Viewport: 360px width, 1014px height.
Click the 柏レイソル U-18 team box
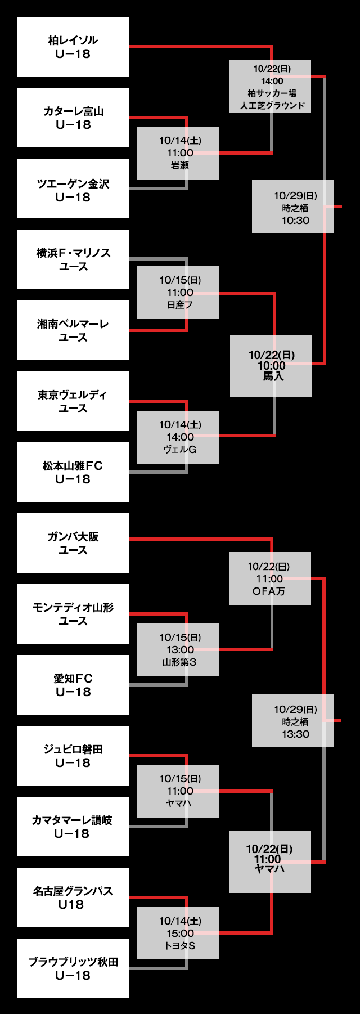point(73,47)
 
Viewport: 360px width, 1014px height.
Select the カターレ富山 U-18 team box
point(73,118)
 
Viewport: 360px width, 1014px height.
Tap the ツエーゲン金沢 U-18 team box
point(73,189)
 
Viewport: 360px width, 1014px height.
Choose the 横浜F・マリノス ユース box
point(73,259)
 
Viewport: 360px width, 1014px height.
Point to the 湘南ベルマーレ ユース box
point(73,330)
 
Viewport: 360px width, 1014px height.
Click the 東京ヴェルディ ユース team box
point(73,401)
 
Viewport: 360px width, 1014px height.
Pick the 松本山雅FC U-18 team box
point(73,472)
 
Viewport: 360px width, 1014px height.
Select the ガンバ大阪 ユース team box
point(73,543)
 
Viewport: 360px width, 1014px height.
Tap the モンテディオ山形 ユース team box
point(73,614)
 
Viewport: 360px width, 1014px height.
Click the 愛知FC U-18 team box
point(73,685)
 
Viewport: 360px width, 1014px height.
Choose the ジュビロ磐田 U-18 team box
point(73,756)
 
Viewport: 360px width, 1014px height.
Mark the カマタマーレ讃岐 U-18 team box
point(73,827)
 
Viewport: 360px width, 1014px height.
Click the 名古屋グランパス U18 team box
point(73,898)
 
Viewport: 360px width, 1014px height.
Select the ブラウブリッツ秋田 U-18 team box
point(73,968)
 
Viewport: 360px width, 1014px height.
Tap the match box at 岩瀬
point(178,153)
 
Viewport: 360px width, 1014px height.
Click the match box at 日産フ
point(178,293)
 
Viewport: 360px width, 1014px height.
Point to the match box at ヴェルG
point(178,437)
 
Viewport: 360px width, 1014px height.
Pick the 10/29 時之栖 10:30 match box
point(293,207)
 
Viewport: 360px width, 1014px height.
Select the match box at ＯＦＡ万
point(270,578)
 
